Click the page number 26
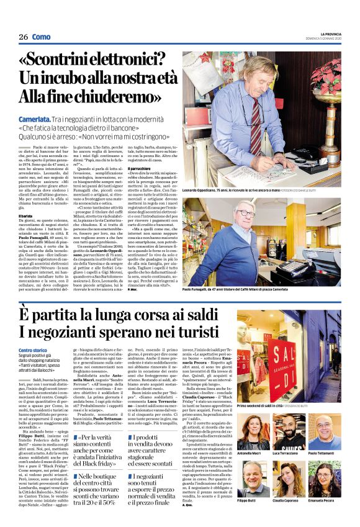click(x=23, y=37)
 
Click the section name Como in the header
click(x=41, y=37)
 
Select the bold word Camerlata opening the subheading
click(x=34, y=117)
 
